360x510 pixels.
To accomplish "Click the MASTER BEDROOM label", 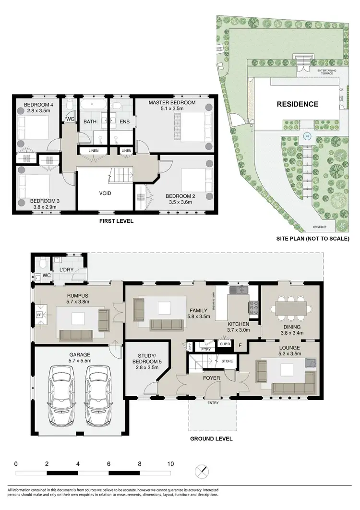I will coord(171,103).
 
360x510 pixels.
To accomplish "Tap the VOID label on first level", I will coord(105,193).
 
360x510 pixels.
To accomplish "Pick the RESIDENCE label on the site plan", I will coord(297,104).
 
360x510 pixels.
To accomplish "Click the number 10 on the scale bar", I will coord(170,464).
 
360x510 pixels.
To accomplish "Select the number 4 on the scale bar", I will coord(78,464).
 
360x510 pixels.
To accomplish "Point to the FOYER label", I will coord(211,378).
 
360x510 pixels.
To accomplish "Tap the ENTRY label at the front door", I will coord(213,402).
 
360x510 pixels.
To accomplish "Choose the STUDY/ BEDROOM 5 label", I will coord(146,357).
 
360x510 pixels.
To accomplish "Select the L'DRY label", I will coord(66,269).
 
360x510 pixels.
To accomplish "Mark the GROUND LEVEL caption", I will coord(212,438).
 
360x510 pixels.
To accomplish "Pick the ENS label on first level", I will coord(124,122).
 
